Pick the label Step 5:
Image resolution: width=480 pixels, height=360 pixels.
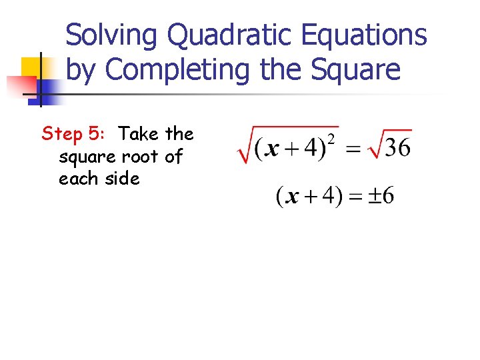(x=73, y=134)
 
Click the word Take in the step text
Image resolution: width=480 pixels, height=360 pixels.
(x=139, y=134)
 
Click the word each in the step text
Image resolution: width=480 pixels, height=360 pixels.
(x=78, y=179)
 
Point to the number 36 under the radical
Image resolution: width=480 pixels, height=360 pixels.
(x=397, y=147)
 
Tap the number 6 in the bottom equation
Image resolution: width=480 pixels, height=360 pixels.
(x=387, y=196)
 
